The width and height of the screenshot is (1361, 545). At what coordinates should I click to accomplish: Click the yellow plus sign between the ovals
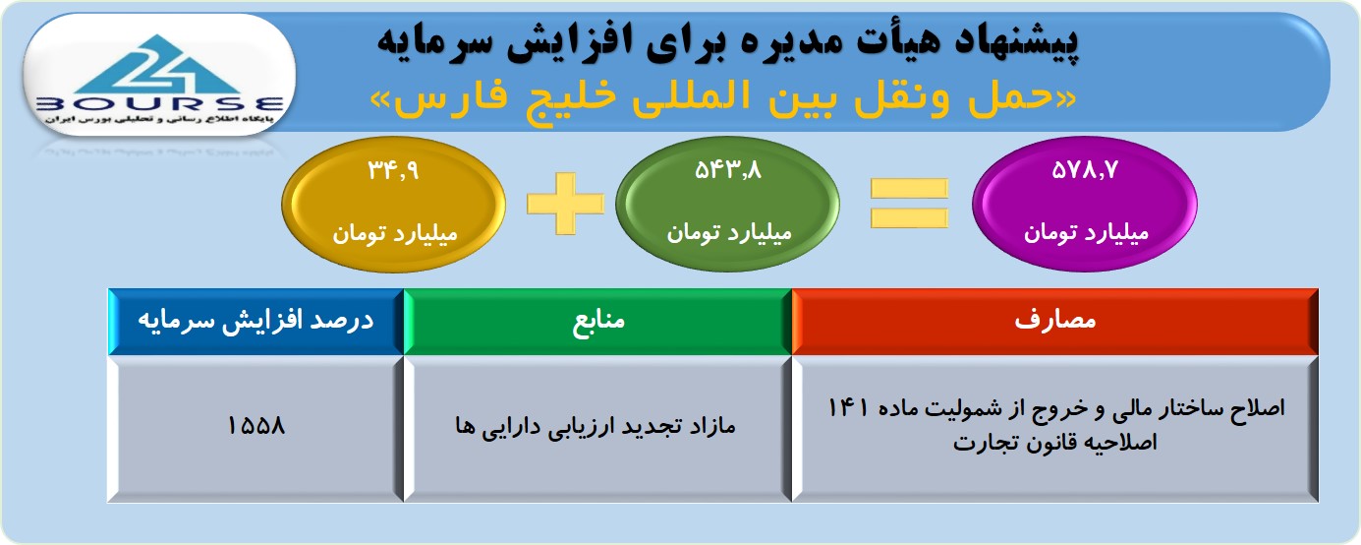point(566,204)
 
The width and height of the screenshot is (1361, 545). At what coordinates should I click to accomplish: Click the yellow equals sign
point(909,204)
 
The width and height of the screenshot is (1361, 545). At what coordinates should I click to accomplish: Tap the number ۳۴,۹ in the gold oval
point(393,170)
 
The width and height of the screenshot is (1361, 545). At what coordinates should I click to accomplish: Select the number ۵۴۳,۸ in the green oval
point(728,170)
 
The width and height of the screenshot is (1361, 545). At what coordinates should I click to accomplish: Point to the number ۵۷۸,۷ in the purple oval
point(1085,170)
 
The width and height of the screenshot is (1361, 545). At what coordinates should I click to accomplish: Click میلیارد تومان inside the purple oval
point(1086,232)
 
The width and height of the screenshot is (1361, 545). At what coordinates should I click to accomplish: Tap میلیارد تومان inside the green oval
point(729,232)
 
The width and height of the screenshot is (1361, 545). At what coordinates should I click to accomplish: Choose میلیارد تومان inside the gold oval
point(394,233)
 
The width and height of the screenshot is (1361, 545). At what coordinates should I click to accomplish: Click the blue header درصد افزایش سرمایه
point(255,321)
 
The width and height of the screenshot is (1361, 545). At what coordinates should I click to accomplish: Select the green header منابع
point(598,320)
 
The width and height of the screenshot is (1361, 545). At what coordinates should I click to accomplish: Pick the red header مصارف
point(1055,320)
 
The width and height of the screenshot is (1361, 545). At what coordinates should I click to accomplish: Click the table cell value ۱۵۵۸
point(255,426)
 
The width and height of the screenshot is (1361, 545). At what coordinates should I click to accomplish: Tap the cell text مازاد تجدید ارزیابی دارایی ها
point(595,426)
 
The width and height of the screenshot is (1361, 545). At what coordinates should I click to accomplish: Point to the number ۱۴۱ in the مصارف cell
point(848,408)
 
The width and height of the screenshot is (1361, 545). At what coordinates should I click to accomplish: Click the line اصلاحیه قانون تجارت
point(1054,443)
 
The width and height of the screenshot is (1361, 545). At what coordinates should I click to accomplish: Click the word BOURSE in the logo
point(159,104)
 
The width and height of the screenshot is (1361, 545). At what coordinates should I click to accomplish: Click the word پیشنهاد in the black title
point(1016,41)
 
